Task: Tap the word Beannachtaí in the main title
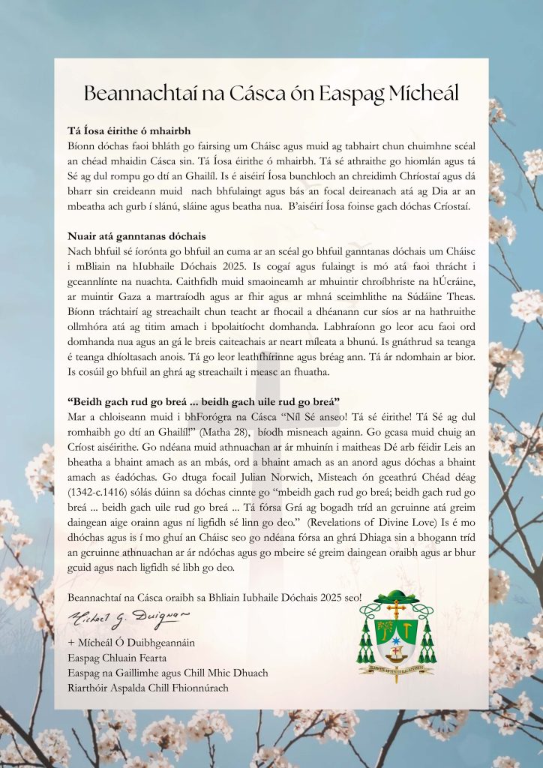pyautogui.click(x=133, y=94)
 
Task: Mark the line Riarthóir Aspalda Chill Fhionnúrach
pyautogui.click(x=148, y=687)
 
